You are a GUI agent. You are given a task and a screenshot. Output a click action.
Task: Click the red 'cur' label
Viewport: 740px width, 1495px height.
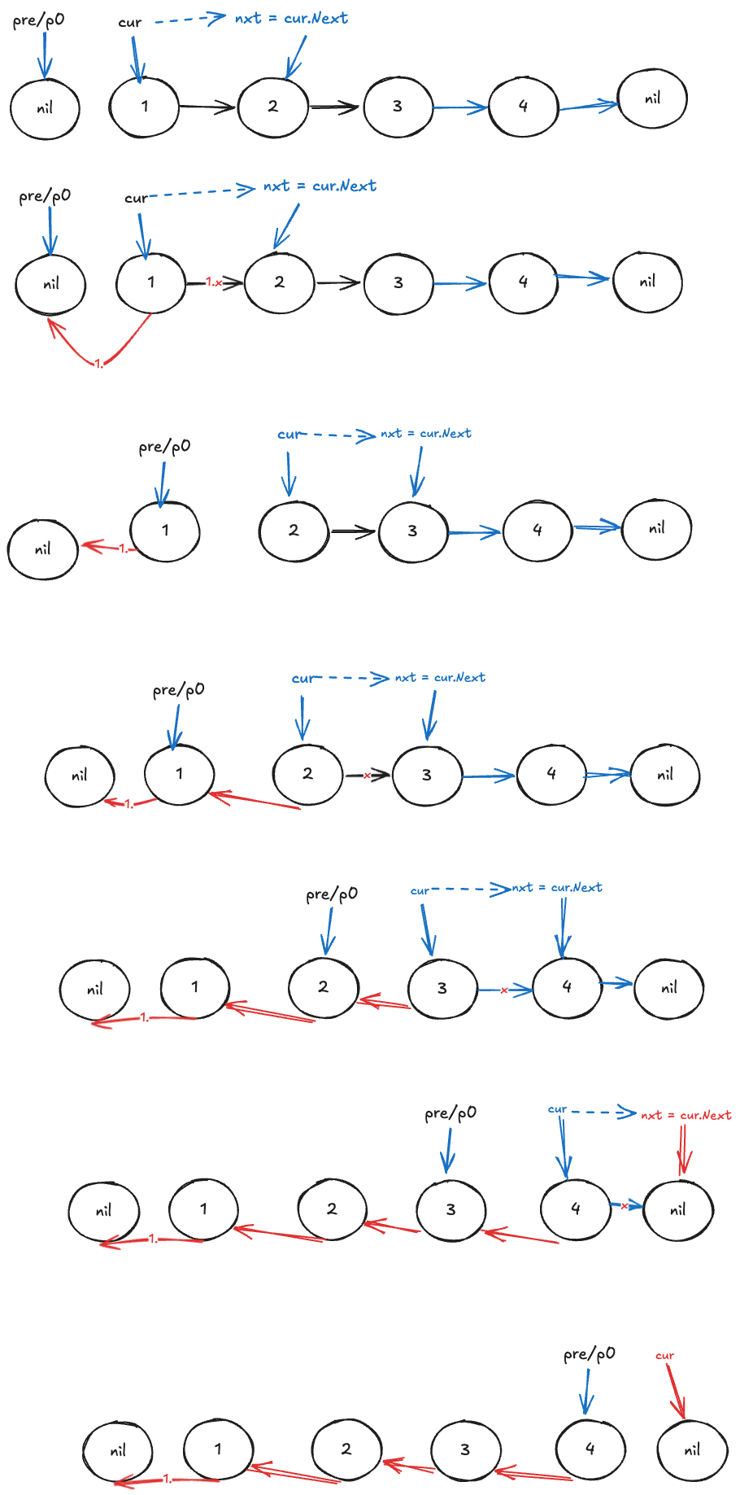(x=664, y=1355)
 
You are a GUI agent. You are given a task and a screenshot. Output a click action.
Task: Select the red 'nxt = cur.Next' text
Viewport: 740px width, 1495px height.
(x=686, y=1115)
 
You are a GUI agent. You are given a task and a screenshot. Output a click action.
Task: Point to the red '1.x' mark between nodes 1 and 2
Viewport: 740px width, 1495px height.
(x=214, y=282)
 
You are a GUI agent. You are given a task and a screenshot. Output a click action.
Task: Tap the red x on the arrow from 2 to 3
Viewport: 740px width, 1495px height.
(x=367, y=776)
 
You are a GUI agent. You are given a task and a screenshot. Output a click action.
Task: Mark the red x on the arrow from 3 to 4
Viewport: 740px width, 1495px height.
(x=504, y=990)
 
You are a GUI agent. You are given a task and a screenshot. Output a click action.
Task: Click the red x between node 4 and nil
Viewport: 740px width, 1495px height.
(x=625, y=1206)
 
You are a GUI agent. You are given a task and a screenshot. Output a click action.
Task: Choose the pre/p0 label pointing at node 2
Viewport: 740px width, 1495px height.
(x=331, y=894)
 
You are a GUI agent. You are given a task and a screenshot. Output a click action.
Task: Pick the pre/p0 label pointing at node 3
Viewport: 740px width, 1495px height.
(x=451, y=1113)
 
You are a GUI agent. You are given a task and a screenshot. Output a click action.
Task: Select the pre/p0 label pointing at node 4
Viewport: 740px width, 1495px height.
(x=590, y=1353)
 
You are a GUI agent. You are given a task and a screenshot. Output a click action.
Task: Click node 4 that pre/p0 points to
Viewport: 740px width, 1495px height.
(x=590, y=1449)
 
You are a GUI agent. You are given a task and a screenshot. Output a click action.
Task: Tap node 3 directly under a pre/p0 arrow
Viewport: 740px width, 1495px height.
(x=451, y=1209)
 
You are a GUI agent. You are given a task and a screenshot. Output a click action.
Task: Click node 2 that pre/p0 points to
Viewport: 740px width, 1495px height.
(x=323, y=986)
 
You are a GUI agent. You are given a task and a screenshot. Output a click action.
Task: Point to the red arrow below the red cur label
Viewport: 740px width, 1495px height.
(x=675, y=1390)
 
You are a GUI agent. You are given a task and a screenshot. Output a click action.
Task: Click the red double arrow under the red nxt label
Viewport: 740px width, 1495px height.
(x=685, y=1149)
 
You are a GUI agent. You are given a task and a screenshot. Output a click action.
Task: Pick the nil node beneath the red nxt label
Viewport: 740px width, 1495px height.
(x=677, y=1209)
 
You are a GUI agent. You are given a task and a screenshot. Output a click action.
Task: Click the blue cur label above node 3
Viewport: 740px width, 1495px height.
(x=420, y=890)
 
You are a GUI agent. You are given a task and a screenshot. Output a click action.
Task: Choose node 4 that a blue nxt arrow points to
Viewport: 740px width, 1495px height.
(x=567, y=986)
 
